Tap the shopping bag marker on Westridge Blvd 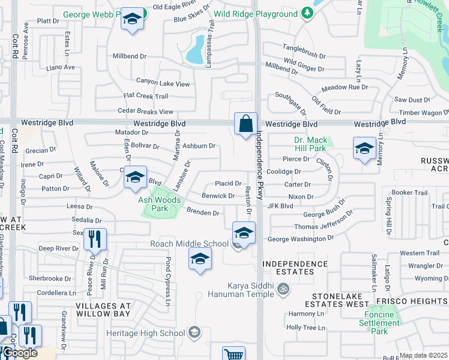point(246,125)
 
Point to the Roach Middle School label point(189,244)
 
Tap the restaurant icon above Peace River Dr point(95,239)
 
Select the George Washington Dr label point(300,239)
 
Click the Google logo point(19,353)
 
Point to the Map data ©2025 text point(423,355)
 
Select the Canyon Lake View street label point(163,84)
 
